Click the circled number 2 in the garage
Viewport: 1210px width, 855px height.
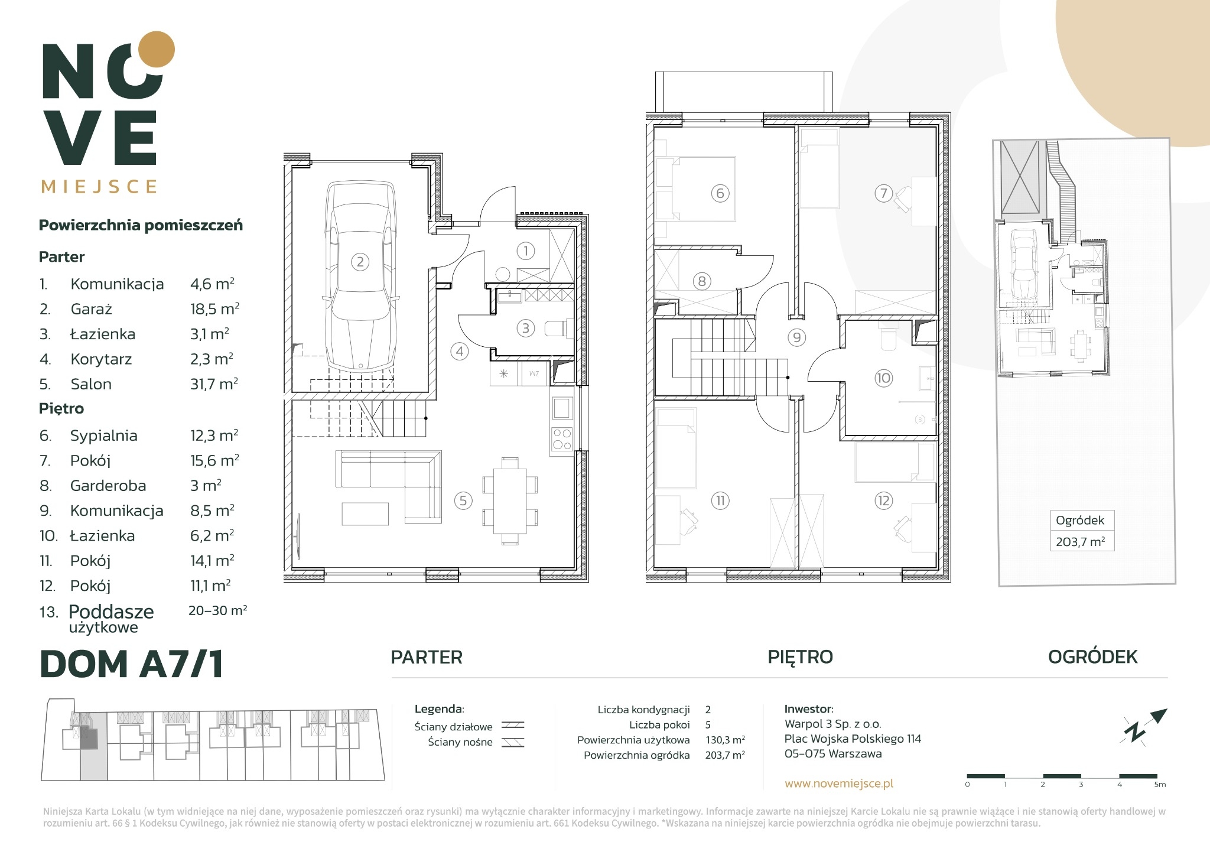(x=360, y=261)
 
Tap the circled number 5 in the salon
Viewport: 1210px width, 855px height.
(x=463, y=501)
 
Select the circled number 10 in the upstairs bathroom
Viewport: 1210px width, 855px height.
(x=883, y=378)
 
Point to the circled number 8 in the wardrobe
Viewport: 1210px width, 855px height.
(x=702, y=281)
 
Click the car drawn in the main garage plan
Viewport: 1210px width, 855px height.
(x=361, y=276)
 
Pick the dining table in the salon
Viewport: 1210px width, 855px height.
(x=510, y=501)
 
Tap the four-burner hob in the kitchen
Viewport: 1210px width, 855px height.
(x=561, y=438)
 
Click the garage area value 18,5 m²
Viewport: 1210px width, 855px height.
(x=214, y=308)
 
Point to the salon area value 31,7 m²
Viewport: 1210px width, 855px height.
(x=214, y=384)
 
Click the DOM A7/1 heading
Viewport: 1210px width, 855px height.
(x=131, y=664)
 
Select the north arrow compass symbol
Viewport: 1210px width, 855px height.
(x=1144, y=726)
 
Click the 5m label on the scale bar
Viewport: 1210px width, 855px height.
(x=1160, y=785)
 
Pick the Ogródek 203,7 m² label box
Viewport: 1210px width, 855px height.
(x=1082, y=531)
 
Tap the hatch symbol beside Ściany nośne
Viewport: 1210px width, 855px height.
(x=513, y=743)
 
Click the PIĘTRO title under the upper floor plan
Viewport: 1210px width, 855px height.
(x=800, y=656)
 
